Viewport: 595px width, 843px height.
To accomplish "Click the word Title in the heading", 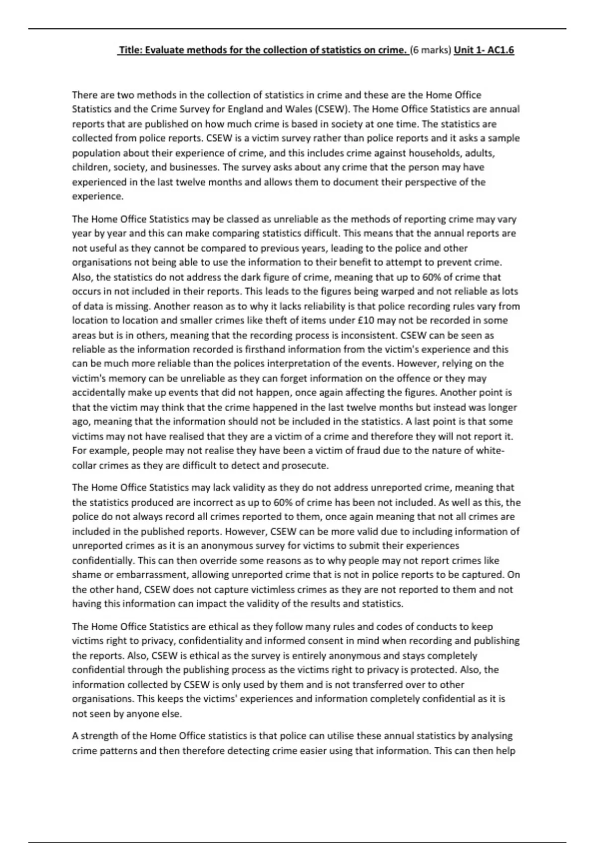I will click(129, 50).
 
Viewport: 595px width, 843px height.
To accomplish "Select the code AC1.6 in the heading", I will click(501, 50).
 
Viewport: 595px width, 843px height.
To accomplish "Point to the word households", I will click(436, 153).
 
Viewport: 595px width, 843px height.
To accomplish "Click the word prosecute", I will click(304, 466).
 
